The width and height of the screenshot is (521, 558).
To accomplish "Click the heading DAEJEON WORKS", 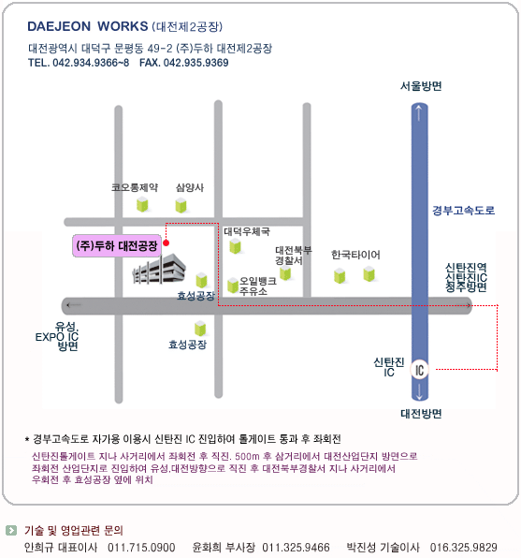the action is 88,26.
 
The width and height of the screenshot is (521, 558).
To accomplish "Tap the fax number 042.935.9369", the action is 195,63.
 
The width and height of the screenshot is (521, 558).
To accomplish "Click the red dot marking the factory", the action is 166,243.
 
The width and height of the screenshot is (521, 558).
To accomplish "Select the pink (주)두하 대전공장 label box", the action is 117,245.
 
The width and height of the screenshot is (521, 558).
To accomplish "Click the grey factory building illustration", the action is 159,269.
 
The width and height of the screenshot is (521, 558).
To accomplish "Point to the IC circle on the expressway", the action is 420,370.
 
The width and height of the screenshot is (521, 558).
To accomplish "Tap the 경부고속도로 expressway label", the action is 463,211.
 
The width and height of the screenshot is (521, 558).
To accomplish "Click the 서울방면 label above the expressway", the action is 421,86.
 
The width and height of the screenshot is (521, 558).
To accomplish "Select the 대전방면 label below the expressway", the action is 421,414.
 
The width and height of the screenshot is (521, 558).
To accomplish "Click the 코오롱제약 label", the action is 135,187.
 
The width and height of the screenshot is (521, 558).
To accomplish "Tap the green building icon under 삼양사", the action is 181,205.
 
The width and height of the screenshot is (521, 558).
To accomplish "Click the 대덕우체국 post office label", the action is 247,231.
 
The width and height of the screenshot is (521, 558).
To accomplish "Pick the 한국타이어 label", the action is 355,255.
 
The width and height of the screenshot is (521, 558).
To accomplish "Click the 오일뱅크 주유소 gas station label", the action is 258,286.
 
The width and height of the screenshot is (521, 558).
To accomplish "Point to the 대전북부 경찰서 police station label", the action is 294,256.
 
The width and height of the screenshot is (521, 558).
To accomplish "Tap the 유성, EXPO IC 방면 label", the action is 57,336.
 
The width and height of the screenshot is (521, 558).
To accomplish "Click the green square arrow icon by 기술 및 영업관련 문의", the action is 11,530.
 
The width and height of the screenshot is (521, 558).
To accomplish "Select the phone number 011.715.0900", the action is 141,548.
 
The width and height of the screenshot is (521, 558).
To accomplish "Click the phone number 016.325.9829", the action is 463,548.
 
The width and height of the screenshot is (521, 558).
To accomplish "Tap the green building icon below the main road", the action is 200,328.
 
